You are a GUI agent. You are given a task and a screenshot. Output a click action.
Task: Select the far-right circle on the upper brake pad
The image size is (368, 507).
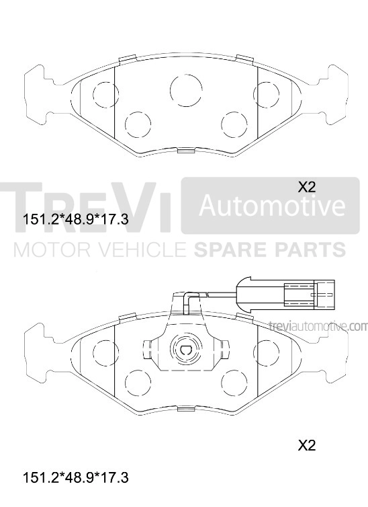(x=267, y=94)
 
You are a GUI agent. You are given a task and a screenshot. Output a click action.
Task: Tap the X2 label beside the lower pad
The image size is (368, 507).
(x=306, y=445)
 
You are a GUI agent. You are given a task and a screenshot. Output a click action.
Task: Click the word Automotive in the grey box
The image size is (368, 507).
(x=270, y=205)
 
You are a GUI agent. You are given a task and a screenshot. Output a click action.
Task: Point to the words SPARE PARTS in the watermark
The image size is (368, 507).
(x=269, y=251)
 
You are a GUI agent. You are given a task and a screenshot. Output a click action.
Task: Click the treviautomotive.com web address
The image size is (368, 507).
(x=318, y=327)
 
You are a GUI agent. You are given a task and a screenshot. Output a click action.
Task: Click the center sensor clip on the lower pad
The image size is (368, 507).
(x=186, y=348)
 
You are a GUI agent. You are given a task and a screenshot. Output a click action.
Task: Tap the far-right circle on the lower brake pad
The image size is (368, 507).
(x=267, y=351)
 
